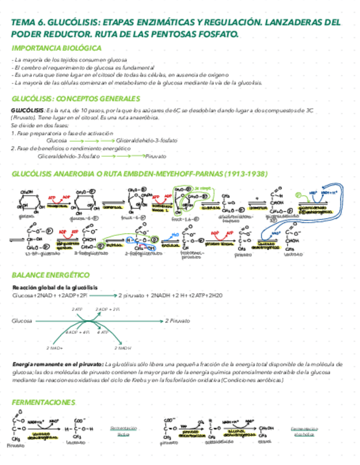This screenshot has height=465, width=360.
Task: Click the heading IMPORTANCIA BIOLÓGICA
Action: tap(56, 48)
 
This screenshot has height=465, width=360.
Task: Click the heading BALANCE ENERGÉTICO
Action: tap(50, 275)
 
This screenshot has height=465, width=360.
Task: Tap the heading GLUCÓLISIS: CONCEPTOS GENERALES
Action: tap(76, 99)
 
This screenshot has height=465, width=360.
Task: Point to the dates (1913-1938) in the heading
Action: tap(246, 174)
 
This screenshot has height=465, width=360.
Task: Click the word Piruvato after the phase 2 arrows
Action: tap(155, 156)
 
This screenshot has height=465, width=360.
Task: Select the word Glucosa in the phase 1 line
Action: tap(57, 140)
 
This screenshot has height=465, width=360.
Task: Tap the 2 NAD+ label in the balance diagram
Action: tap(54, 348)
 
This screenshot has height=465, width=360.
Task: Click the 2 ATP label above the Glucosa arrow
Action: tap(77, 310)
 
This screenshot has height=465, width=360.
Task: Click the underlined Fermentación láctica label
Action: tap(123, 431)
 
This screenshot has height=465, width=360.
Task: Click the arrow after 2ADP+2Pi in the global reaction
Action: tap(102, 296)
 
